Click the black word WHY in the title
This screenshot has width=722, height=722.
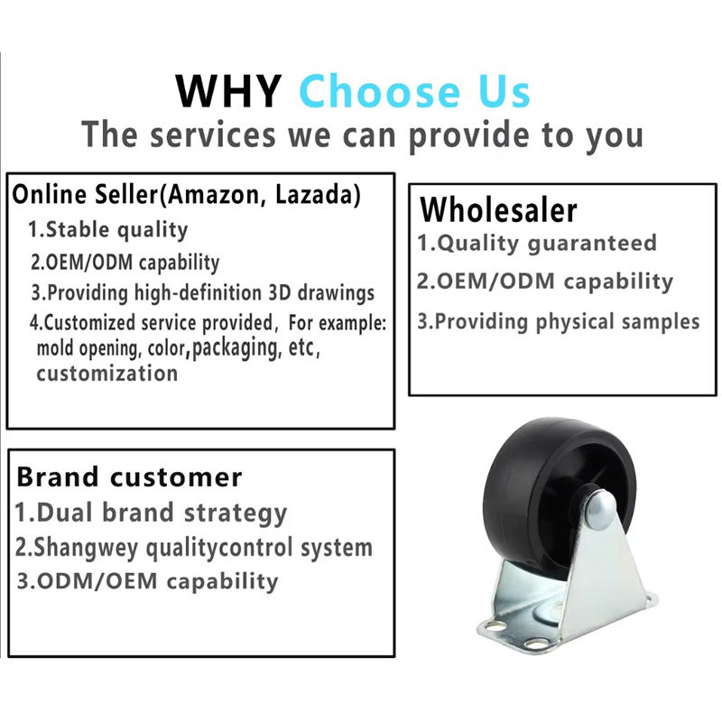[229, 91]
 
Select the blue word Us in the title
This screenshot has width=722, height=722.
[504, 92]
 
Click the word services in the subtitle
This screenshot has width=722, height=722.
[213, 134]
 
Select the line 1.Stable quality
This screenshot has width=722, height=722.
[107, 229]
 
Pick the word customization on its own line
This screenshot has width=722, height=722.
[107, 373]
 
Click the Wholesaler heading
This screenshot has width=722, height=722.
[498, 210]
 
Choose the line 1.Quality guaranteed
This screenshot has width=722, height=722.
[536, 243]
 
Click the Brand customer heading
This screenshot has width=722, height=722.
[129, 477]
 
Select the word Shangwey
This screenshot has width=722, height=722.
[85, 548]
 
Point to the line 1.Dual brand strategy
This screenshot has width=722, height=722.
[151, 513]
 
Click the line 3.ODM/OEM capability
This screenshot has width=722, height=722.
[147, 581]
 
